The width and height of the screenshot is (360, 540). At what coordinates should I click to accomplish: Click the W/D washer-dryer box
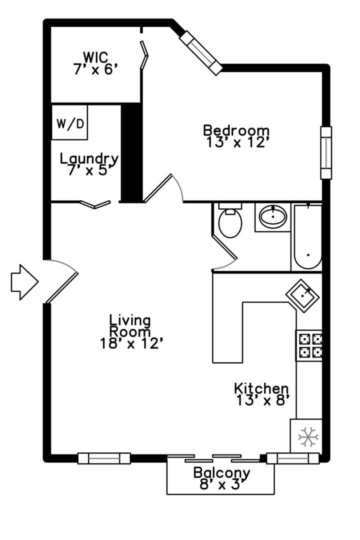[70, 122]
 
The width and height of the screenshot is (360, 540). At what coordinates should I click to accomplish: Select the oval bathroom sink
[273, 216]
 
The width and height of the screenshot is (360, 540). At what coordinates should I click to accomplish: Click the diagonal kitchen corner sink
[302, 296]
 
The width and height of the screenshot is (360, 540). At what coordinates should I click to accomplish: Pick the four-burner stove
[309, 345]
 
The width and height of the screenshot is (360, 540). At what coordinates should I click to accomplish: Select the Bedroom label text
[236, 130]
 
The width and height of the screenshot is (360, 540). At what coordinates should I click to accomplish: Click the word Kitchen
[261, 388]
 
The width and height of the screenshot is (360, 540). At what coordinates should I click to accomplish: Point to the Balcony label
[221, 472]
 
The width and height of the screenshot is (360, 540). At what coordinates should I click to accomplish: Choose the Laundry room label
[89, 159]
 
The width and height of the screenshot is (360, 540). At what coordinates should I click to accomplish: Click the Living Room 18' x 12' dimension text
[130, 343]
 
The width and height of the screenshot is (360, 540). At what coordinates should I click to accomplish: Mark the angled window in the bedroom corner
[201, 53]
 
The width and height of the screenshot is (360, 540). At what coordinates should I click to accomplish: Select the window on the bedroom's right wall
[326, 152]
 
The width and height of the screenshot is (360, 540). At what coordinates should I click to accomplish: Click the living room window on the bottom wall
[104, 458]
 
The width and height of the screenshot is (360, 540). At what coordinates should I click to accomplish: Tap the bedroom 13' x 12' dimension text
[238, 142]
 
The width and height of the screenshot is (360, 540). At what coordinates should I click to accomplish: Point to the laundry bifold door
[95, 203]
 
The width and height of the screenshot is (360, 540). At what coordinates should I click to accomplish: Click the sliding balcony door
[214, 457]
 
